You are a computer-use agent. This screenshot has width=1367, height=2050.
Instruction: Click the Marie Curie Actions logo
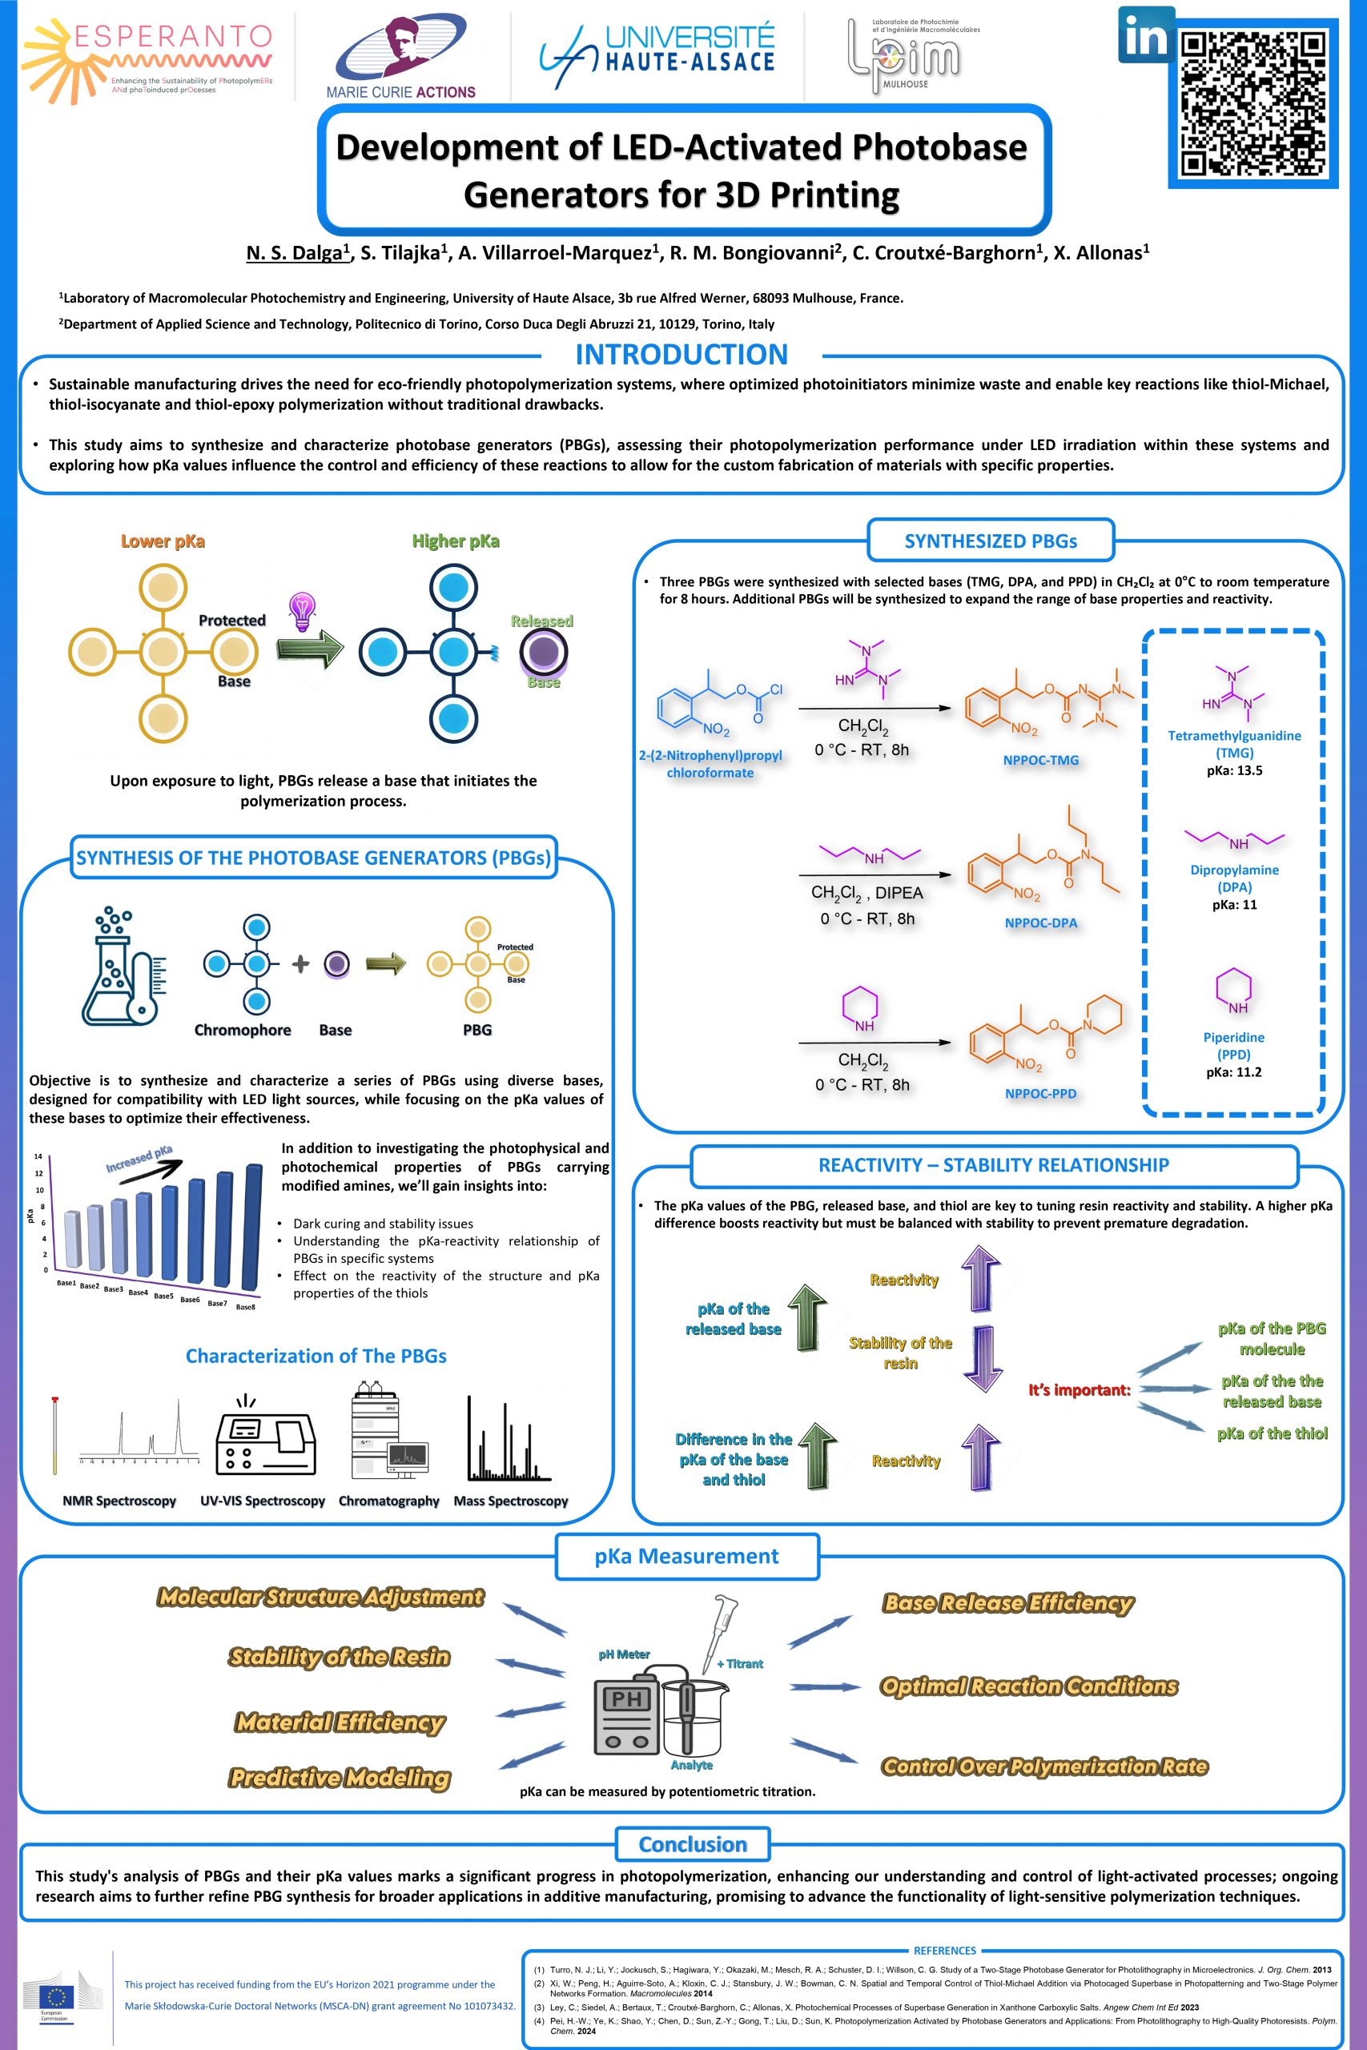coord(401,58)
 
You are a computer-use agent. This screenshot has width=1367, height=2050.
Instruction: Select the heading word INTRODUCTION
coord(681,355)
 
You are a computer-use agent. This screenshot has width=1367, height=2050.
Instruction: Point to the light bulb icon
coord(302,612)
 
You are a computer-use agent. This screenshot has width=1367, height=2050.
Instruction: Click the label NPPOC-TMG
coord(1041,760)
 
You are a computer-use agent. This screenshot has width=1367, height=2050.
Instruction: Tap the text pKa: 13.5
coord(1235,770)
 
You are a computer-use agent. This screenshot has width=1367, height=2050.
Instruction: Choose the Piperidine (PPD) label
coord(1233,1046)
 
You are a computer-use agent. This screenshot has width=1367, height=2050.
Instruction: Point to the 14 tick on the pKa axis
coord(38,1156)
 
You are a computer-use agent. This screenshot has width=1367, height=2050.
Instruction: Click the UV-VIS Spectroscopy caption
coord(263,1501)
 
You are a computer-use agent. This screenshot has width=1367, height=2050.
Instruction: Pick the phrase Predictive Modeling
coord(340,1778)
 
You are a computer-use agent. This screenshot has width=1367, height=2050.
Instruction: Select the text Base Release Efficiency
coord(1009,1603)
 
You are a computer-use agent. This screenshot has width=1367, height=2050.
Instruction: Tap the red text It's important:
coord(1080,1390)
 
